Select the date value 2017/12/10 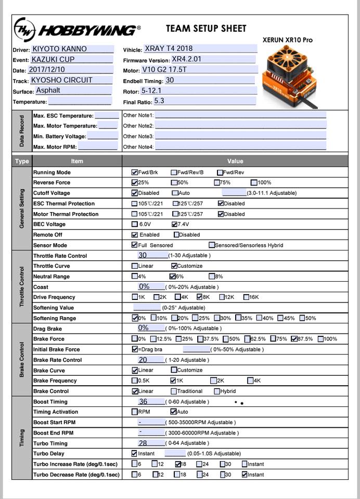tap(47, 70)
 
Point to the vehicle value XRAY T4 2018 tap(169, 49)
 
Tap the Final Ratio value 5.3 tap(159, 101)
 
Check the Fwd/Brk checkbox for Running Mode tap(135, 172)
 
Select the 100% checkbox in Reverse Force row tap(254, 182)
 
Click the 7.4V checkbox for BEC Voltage tap(174, 224)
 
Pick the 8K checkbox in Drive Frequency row tap(200, 297)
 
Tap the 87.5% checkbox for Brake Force tap(294, 339)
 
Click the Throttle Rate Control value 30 tap(143, 255)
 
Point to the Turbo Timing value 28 tap(143, 443)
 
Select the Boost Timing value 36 tap(143, 401)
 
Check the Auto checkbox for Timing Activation tap(173, 412)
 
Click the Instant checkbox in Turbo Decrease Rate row tap(245, 474)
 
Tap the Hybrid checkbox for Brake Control tap(217, 391)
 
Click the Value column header tap(235, 161)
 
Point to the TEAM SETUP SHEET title tap(206, 29)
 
